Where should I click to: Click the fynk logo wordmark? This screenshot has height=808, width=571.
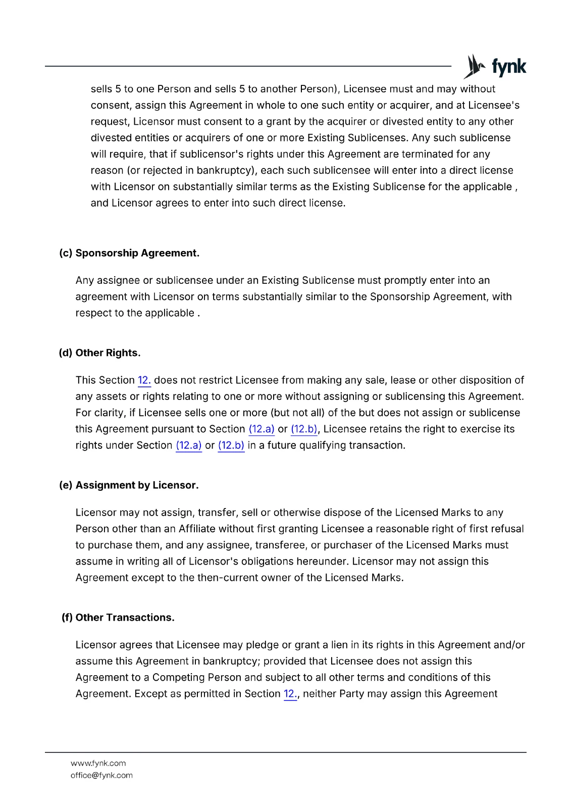tap(509, 67)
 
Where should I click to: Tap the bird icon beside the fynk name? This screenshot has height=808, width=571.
tap(475, 66)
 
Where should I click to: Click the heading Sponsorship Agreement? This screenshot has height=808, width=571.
tap(137, 253)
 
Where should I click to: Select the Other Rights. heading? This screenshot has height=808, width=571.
tap(108, 353)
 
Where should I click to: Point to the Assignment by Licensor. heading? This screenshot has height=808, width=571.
tap(137, 485)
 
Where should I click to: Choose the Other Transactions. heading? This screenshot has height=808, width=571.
tap(125, 618)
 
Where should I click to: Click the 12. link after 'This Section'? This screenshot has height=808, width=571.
tap(144, 380)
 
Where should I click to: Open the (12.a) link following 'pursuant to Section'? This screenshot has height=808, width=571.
tap(262, 429)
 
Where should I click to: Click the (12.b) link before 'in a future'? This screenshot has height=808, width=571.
tap(231, 445)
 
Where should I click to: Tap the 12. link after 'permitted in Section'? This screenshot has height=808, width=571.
tap(290, 694)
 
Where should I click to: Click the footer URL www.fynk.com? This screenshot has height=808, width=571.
tap(98, 763)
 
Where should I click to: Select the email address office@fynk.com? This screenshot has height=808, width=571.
tap(101, 775)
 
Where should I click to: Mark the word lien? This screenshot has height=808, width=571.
tap(339, 645)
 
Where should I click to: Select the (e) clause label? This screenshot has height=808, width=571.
tap(66, 485)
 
